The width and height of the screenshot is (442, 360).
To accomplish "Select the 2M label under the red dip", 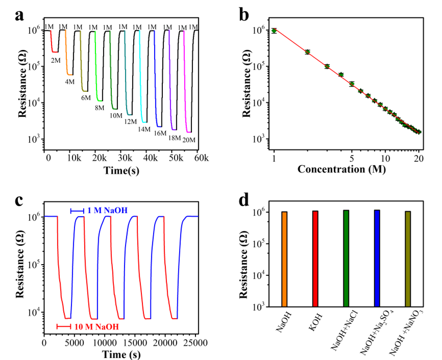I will (x=55, y=60).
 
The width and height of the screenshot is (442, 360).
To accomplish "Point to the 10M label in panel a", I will (x=116, y=115).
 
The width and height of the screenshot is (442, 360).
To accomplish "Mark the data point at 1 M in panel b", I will (x=274, y=30).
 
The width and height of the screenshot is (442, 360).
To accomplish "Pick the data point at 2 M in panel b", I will (x=307, y=52).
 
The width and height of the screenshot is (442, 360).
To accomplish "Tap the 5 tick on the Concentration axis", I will (x=352, y=158).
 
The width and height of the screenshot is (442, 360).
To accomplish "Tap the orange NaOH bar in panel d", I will (x=285, y=259).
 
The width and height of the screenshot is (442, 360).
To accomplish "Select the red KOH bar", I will (x=316, y=259).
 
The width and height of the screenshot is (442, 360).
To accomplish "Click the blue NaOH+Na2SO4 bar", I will (x=377, y=258).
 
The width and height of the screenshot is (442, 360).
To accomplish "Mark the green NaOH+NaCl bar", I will (x=347, y=258).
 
